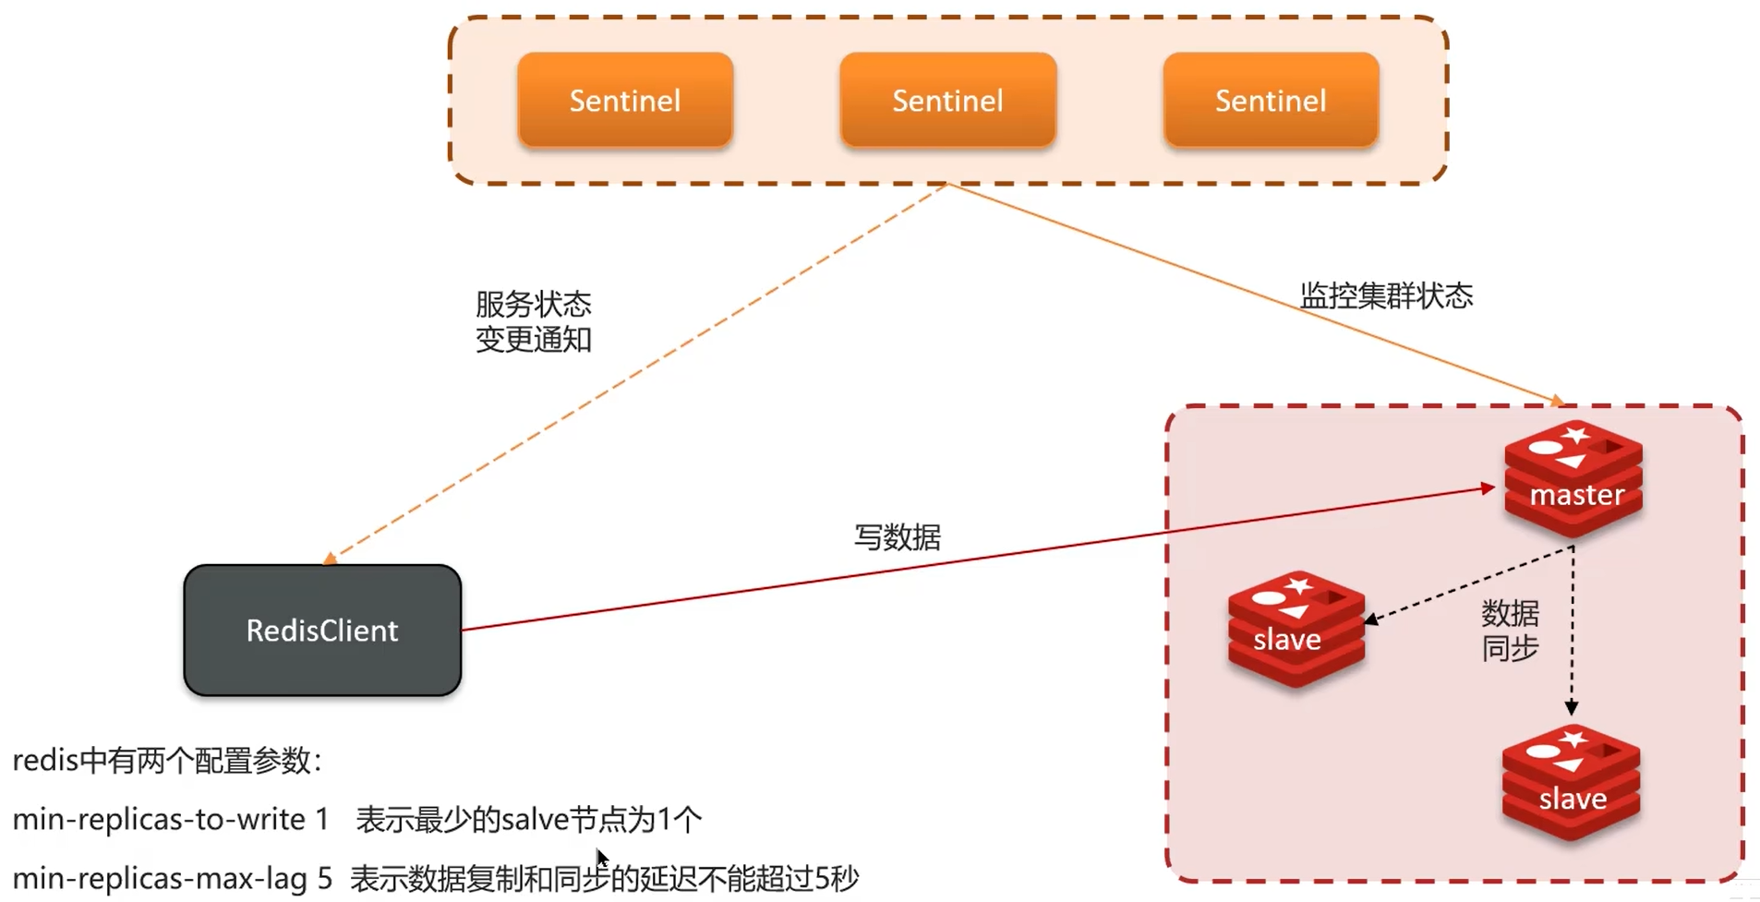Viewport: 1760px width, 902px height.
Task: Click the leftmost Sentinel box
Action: (x=625, y=100)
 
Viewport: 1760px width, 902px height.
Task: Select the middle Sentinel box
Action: (x=947, y=100)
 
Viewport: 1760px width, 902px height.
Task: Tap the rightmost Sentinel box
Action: (x=1271, y=100)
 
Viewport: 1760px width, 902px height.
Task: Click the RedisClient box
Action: (x=322, y=631)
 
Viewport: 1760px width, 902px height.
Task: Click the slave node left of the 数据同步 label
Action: (x=1296, y=629)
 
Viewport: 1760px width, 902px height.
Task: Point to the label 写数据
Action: (x=897, y=537)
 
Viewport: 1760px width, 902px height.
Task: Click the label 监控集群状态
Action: (x=1386, y=295)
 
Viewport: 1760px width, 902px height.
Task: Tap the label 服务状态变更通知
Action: (x=533, y=321)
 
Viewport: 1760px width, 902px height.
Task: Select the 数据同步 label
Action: (x=1510, y=630)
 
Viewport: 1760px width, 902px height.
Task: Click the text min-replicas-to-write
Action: (x=159, y=819)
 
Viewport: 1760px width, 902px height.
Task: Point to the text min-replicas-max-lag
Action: (x=159, y=878)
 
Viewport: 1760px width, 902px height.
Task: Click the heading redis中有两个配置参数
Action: (x=166, y=761)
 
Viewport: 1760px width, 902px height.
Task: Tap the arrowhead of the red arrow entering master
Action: (x=1489, y=488)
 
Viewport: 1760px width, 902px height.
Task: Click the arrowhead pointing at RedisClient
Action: (x=331, y=559)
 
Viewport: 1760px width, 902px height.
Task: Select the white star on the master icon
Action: (x=1576, y=434)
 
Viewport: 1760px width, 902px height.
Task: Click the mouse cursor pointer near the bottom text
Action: (x=601, y=858)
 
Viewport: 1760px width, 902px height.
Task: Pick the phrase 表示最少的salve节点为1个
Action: (x=528, y=819)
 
